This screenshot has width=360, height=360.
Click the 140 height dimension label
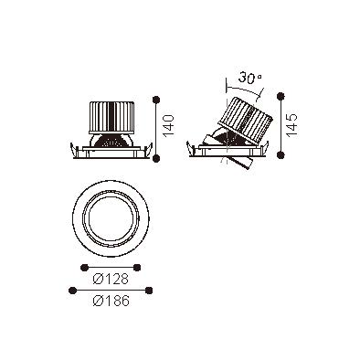tap(169, 125)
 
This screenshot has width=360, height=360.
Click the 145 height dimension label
tap(291, 125)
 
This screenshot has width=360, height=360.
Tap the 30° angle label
tap(249, 78)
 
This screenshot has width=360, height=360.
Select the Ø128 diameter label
tap(111, 279)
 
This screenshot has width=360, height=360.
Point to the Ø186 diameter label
tap(111, 302)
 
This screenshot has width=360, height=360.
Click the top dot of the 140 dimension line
tap(156, 100)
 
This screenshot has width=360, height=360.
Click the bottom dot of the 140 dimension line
tap(156, 158)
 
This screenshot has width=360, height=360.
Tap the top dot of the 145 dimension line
tap(281, 96)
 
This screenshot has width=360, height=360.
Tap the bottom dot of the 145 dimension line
tap(281, 154)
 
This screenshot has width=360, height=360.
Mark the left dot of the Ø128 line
tap(84, 268)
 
